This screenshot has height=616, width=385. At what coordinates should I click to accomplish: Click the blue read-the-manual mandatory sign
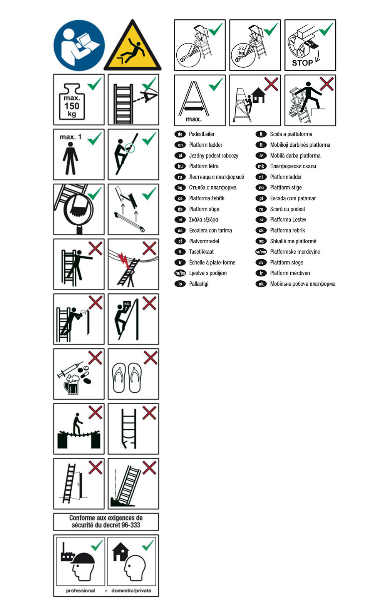pyautogui.click(x=79, y=45)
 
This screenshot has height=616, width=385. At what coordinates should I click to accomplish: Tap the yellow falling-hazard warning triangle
pyautogui.click(x=132, y=46)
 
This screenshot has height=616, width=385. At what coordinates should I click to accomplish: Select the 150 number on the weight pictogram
pyautogui.click(x=72, y=106)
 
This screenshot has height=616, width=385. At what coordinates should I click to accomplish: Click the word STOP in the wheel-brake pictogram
pyautogui.click(x=302, y=63)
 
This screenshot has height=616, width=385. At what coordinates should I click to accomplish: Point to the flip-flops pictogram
pyautogui.click(x=127, y=378)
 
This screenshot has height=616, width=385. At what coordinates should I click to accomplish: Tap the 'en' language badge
pyautogui.click(x=180, y=145)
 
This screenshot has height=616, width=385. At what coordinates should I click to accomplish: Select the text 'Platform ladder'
pyautogui.click(x=206, y=145)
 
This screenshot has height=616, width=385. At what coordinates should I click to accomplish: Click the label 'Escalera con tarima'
pyautogui.click(x=210, y=231)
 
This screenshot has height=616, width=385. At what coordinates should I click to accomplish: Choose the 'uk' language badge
pyautogui.click(x=261, y=284)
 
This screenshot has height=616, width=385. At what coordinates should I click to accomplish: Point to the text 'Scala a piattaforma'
pyautogui.click(x=291, y=134)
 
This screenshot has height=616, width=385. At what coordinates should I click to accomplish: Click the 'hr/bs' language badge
pyautogui.click(x=180, y=273)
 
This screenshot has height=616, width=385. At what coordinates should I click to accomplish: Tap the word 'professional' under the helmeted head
pyautogui.click(x=80, y=591)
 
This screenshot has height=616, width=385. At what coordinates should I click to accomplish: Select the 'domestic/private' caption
pyautogui.click(x=131, y=591)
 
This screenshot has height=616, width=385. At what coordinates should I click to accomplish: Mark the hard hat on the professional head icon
pyautogui.click(x=83, y=558)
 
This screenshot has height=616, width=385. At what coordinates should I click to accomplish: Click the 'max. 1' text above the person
pyautogui.click(x=71, y=137)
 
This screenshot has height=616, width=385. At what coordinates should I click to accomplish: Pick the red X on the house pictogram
pyautogui.click(x=271, y=84)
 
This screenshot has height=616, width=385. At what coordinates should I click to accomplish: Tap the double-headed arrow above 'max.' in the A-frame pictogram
pyautogui.click(x=194, y=109)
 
